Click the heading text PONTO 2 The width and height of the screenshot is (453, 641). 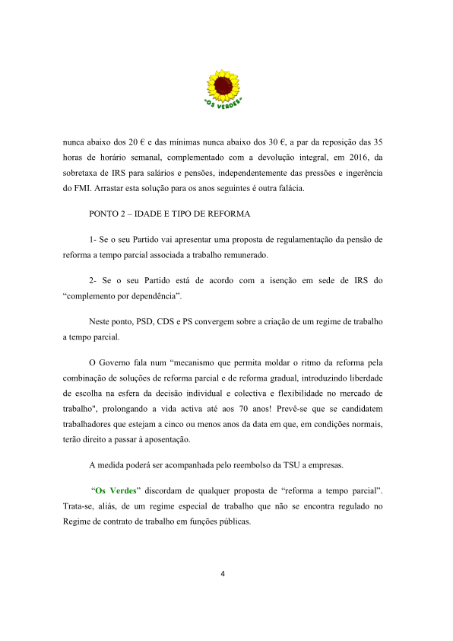[111, 213]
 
